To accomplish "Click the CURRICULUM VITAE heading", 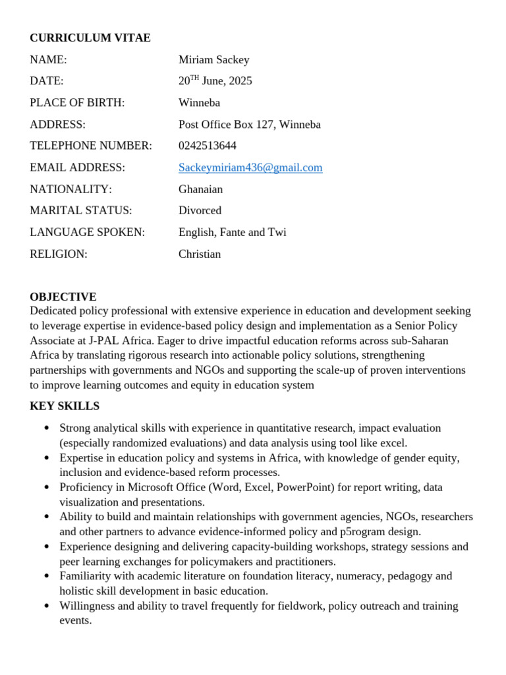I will [x=90, y=38].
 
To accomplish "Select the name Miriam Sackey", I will [x=213, y=60].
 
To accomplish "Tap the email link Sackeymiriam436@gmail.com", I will [x=250, y=167].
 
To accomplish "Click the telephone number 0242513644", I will [x=207, y=146].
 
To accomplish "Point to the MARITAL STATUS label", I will [x=80, y=210].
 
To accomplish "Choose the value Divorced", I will [x=200, y=210].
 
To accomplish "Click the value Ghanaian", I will [x=200, y=189].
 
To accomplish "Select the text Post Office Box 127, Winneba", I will [x=249, y=125].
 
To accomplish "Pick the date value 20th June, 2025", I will [x=215, y=81].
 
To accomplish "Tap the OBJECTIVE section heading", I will [x=63, y=297].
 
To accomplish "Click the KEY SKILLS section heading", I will [x=65, y=406].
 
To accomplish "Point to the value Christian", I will [x=200, y=254].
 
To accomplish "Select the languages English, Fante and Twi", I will [x=232, y=232].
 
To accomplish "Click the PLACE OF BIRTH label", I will [x=77, y=103].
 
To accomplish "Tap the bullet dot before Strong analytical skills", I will [x=46, y=428].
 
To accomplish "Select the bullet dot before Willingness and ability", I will [x=46, y=606].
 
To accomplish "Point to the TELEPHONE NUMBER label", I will [x=91, y=146].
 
